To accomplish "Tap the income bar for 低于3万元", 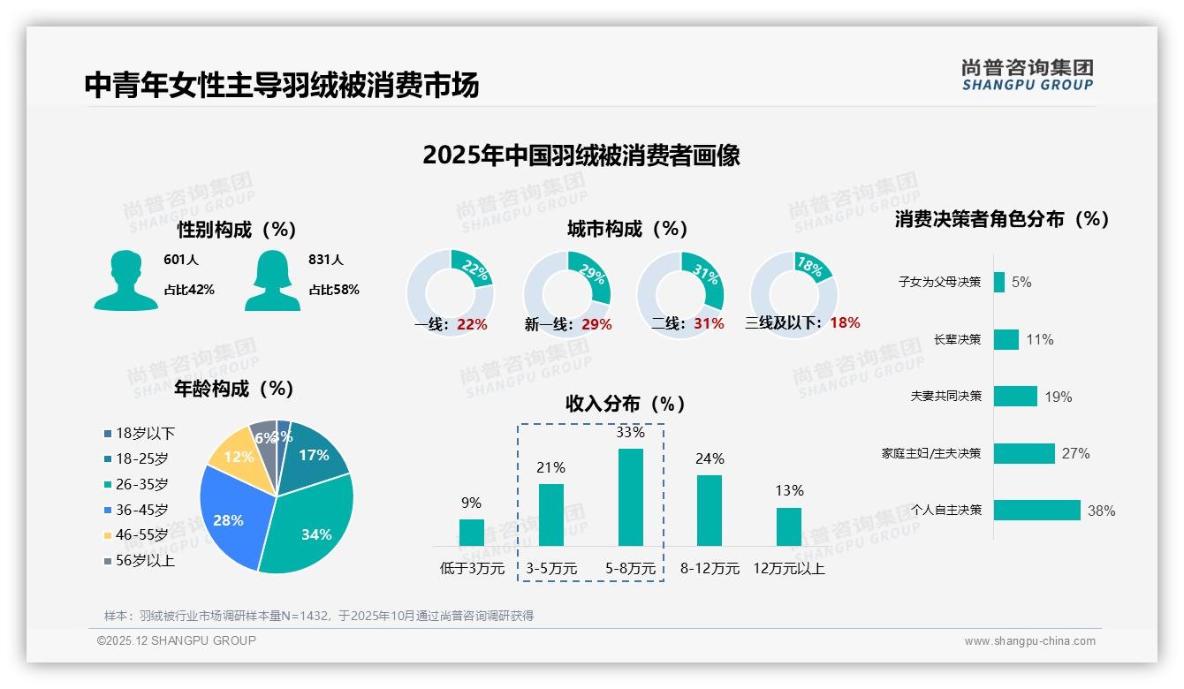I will [x=471, y=532].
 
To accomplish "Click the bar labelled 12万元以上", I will [x=788, y=526].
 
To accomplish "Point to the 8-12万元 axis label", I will [x=710, y=569].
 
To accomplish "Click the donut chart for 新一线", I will [x=566, y=291].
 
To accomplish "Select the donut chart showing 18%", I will [x=793, y=291].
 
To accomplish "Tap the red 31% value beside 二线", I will [x=709, y=324].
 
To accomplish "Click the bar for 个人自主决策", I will [x=1036, y=511].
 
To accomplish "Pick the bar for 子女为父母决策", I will [x=998, y=282].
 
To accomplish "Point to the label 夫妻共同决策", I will [x=945, y=397].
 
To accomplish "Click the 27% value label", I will [x=1075, y=454].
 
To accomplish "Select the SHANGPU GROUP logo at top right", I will [x=1027, y=75].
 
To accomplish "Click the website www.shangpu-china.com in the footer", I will [x=1029, y=641].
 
